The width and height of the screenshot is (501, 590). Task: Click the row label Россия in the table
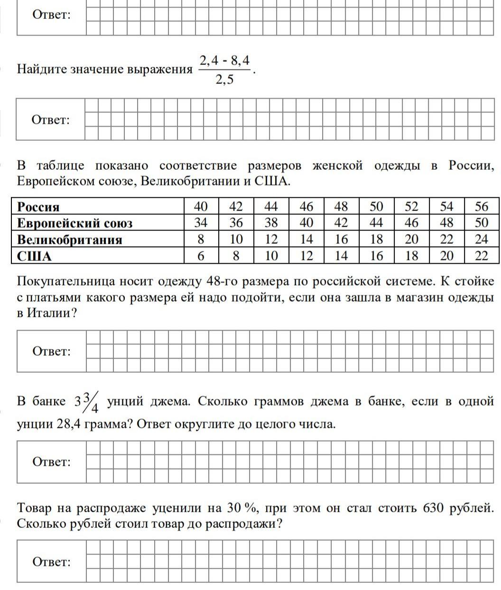pos(38,207)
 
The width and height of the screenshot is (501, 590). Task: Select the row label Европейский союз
pos(74,223)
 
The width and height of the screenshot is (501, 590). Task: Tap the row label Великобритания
pos(70,240)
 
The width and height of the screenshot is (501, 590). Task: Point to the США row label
pos(34,257)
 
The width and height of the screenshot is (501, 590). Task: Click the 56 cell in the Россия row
pos(481,207)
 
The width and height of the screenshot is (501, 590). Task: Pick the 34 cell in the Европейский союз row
pos(201,223)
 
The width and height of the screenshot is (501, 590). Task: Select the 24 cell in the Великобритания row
pos(481,240)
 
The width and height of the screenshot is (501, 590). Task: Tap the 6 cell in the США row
pos(201,257)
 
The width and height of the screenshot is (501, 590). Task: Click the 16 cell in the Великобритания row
pos(341,240)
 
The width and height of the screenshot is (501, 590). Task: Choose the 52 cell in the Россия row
pos(411,207)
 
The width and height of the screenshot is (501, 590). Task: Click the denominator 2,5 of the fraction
pos(224,80)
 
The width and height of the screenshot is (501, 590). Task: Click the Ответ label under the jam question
pos(51,461)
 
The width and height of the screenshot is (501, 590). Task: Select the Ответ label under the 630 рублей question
pos(51,562)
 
